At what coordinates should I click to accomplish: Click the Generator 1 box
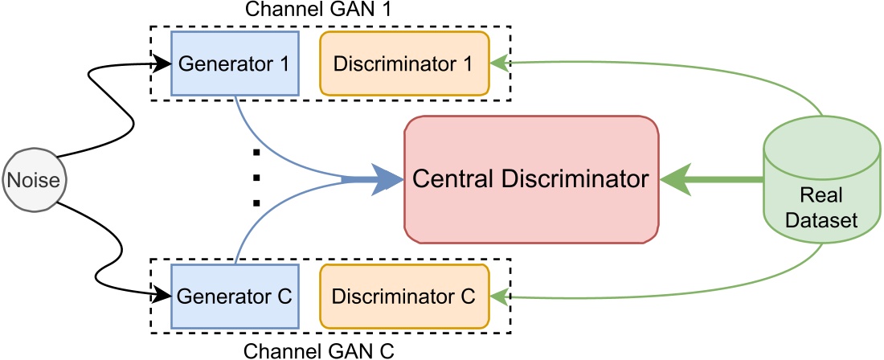point(235,63)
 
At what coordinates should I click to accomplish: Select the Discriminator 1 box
point(404,63)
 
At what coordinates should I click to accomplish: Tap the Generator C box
point(235,295)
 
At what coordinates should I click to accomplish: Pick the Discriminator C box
point(404,295)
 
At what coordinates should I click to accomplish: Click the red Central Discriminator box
point(530,179)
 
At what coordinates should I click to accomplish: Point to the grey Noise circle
point(32,180)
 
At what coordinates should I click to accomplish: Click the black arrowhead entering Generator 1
point(164,63)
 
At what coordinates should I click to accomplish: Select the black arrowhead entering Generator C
point(164,296)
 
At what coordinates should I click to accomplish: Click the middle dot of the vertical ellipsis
point(256,177)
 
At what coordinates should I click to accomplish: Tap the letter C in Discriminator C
point(468,295)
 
